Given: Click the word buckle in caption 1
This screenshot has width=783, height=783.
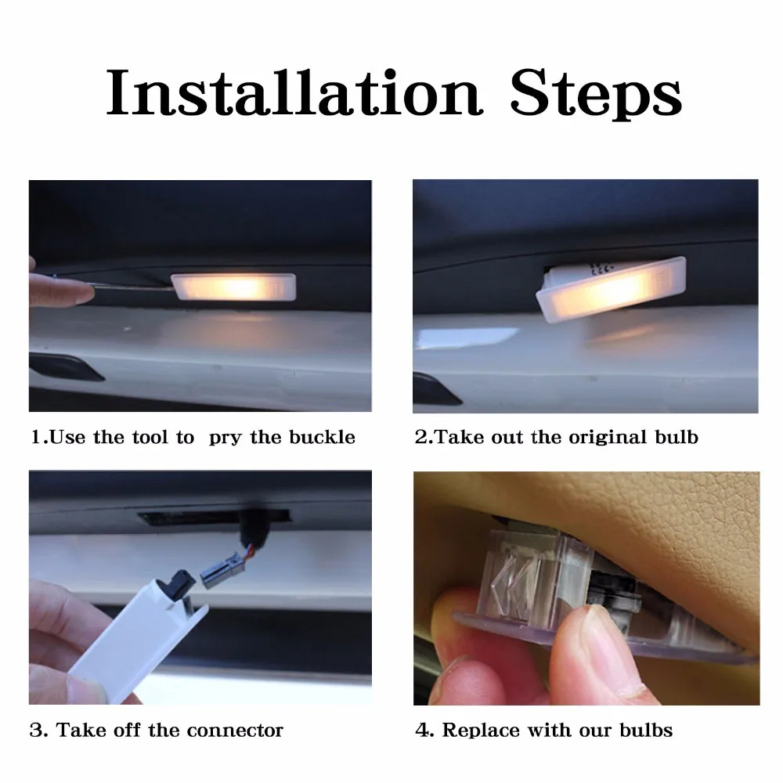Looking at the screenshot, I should (x=322, y=437).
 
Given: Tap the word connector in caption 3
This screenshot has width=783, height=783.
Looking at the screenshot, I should (x=236, y=731).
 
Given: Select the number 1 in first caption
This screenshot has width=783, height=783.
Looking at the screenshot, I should (x=36, y=437).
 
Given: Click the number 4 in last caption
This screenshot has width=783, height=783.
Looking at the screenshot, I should (x=421, y=731).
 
